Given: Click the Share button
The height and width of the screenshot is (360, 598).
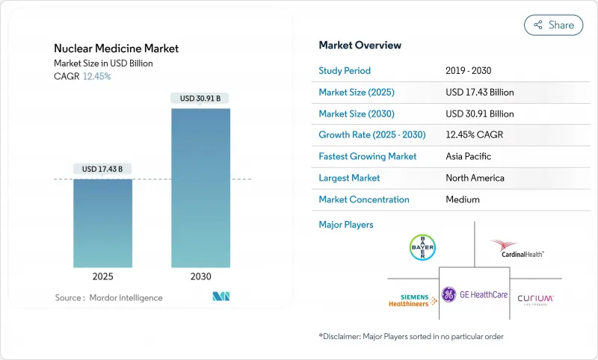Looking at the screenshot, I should click(554, 25).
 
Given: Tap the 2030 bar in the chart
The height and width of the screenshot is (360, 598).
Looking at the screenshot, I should click(200, 187).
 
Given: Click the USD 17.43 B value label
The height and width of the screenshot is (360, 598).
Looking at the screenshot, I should click(102, 169).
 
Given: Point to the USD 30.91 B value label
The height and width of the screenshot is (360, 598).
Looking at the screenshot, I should click(200, 98).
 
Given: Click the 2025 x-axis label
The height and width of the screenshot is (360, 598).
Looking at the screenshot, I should click(102, 276).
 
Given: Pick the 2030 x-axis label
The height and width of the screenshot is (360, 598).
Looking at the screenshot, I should click(200, 276).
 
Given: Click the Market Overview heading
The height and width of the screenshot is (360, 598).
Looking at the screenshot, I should click(360, 46).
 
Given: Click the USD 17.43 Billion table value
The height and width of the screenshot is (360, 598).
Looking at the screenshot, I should click(479, 92).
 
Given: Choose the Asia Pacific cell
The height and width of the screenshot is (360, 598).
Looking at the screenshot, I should click(469, 156).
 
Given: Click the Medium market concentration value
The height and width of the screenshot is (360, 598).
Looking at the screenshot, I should click(463, 199).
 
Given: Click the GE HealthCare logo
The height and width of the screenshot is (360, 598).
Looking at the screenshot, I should click(474, 295).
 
